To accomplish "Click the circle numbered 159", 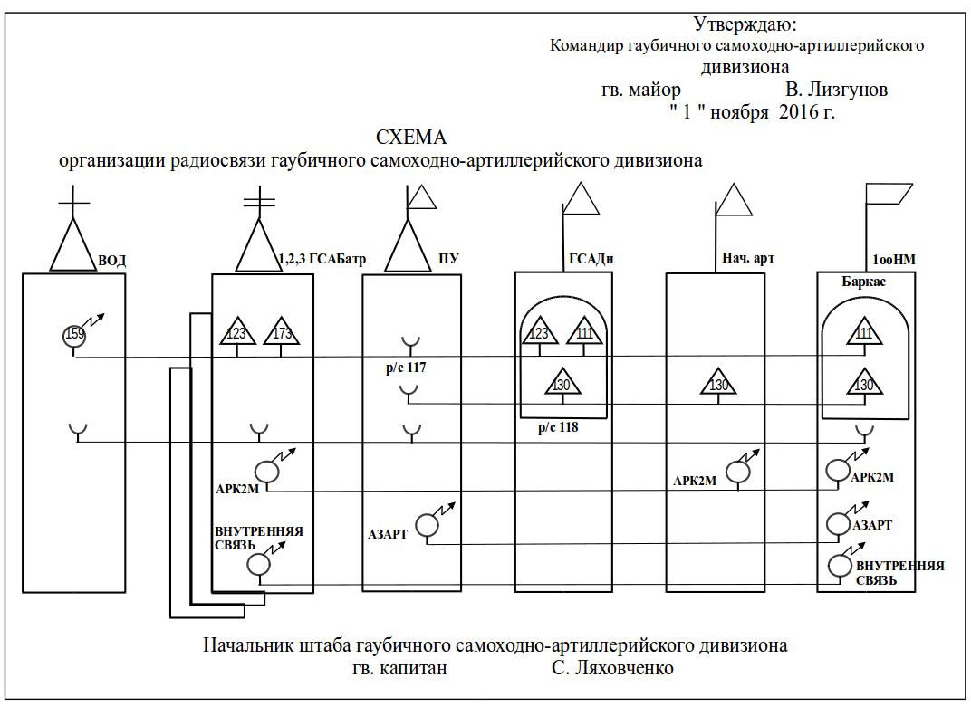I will (75, 335).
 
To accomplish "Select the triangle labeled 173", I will (282, 333).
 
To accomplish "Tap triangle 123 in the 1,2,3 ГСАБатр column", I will (236, 333).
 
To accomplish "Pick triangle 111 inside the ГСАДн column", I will (584, 333).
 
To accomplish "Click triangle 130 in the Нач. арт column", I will (718, 385).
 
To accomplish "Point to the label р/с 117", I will (405, 368).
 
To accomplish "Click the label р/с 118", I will (557, 427).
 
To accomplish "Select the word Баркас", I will (863, 282).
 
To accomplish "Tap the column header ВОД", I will (111, 261).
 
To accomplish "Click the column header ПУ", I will (447, 260).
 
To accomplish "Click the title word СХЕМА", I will (411, 138).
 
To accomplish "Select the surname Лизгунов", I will (836, 91).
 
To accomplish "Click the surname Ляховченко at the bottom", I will (612, 669).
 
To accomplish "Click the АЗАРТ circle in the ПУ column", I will (425, 524).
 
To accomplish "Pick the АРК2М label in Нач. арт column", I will (695, 481).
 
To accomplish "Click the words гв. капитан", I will (399, 669).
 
